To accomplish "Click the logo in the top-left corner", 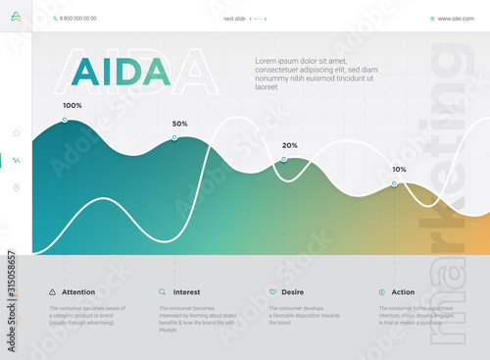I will pos(16,17).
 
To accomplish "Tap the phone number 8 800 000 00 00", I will pos(78,19).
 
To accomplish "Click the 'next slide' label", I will pos(234,19).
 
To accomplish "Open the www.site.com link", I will pos(456,19).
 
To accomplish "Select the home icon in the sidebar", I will pos(16,132).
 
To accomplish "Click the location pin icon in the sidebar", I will pos(16,187).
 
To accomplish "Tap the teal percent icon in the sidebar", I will pos(16,160).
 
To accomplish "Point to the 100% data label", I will pos(73,105).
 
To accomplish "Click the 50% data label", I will pos(179,124).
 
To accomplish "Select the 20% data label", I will pos(290,145).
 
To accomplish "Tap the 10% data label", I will pos(399,169).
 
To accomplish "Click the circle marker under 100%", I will pos(65,120).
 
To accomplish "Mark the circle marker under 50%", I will pos(174,138).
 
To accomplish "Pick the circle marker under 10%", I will pos(394,183).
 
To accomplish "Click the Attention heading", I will pos(78,292).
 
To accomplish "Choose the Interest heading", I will pos(186,292).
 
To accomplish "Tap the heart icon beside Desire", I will pos(271,292).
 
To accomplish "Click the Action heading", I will pos(403,292).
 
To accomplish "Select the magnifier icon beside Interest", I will pos(162,292).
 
